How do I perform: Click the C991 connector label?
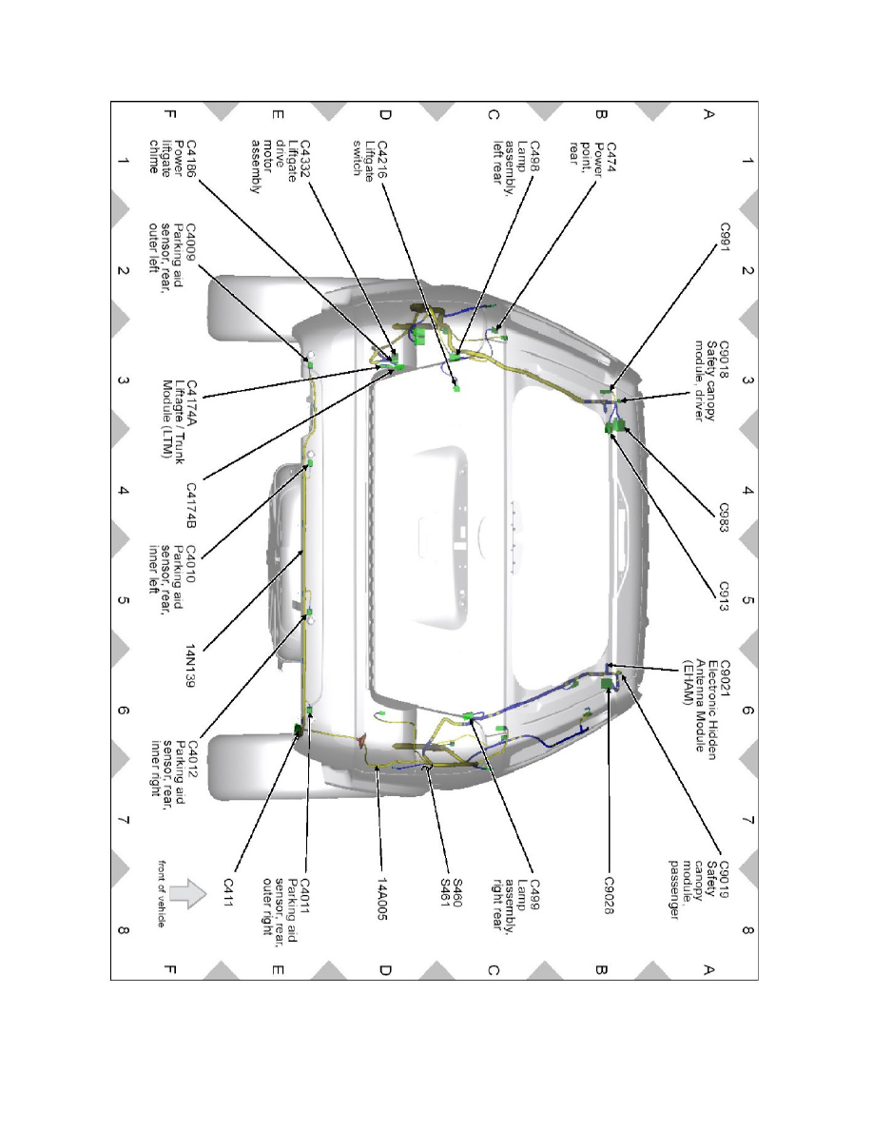[x=725, y=237]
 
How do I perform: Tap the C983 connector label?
[x=725, y=517]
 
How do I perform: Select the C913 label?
[x=725, y=596]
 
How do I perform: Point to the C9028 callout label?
[x=609, y=895]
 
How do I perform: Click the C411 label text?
[x=228, y=892]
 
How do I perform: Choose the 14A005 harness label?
[x=382, y=898]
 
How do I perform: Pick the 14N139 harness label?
[x=191, y=666]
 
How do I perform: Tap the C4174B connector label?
[x=191, y=505]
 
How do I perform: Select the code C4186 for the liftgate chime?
[x=191, y=158]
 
